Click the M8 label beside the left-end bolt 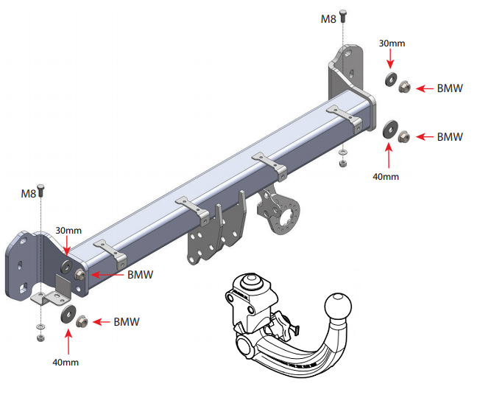pos(28,194)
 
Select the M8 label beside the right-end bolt pos(328,19)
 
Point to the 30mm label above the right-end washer pos(389,43)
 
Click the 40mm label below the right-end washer pos(385,176)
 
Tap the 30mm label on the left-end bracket pos(68,231)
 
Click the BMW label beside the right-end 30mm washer pos(449,88)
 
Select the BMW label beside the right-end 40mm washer pos(449,137)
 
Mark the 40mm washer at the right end pos(389,130)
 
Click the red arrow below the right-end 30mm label pos(389,59)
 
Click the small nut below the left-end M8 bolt pos(40,338)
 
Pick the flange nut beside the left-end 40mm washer pos(82,321)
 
